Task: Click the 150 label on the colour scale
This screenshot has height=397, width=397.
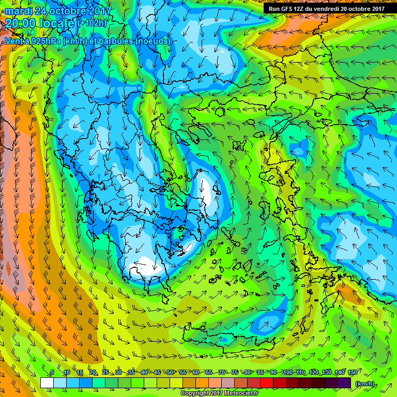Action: click(339, 373)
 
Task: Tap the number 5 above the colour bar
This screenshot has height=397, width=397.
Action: click(52, 373)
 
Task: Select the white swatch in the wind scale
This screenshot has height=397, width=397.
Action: click(47, 383)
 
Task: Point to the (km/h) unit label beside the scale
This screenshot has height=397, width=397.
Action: click(364, 383)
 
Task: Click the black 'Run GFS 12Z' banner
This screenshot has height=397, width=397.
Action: click(326, 9)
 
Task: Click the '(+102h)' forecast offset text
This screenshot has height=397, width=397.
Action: click(93, 23)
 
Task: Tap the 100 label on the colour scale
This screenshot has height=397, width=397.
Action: click(287, 373)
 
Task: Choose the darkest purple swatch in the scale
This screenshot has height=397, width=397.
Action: click(344, 383)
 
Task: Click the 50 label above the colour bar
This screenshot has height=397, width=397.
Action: click(170, 373)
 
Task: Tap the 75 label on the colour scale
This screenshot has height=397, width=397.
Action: click(235, 373)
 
